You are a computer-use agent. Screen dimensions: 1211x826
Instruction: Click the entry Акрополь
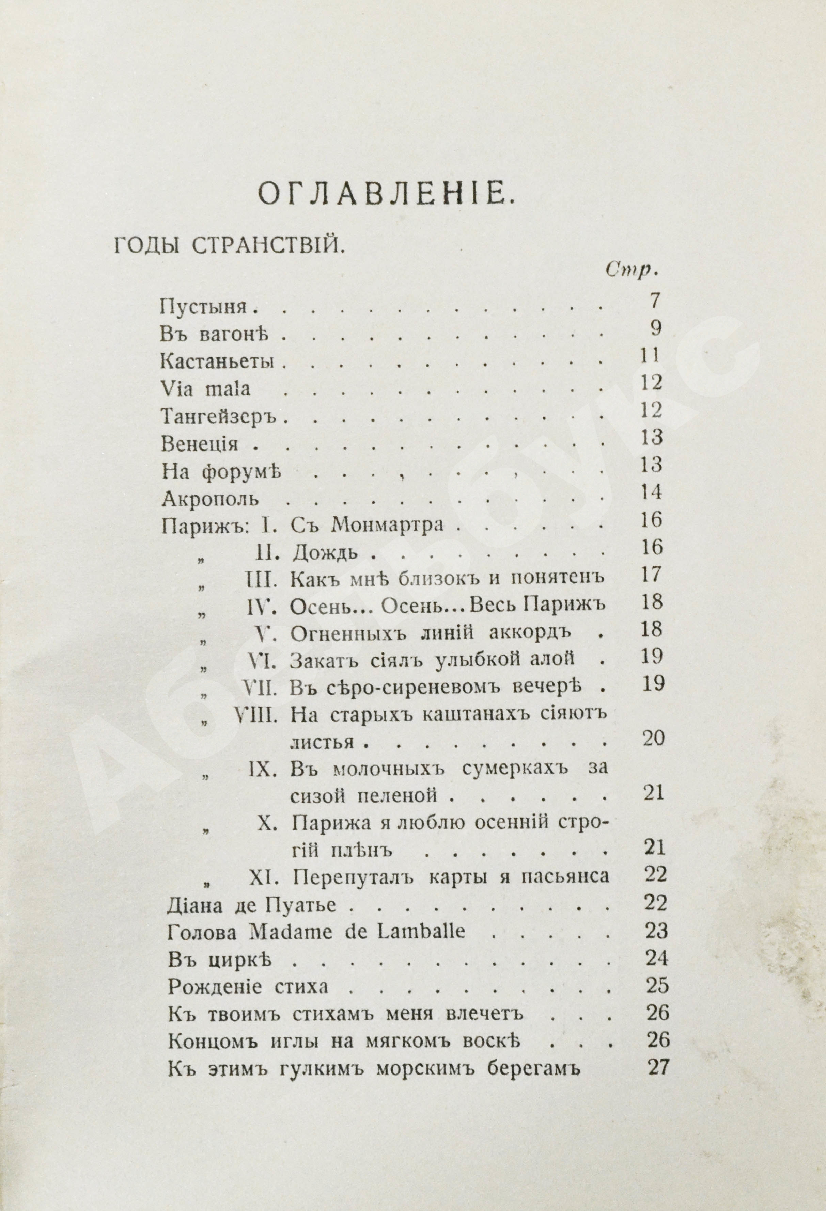pyautogui.click(x=209, y=499)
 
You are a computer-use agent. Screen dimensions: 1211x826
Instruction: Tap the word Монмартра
pyautogui.click(x=387, y=524)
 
